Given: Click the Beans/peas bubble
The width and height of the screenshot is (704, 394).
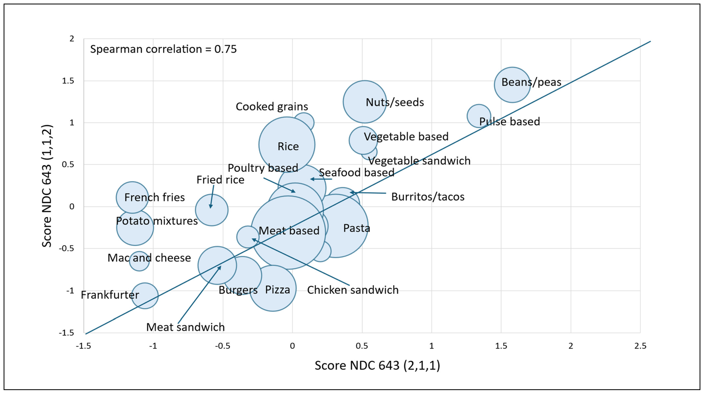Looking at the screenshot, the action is [512, 85].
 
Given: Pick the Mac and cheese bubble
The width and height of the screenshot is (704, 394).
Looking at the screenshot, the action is [139, 261].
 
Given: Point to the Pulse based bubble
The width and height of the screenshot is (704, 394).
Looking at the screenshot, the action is [479, 116].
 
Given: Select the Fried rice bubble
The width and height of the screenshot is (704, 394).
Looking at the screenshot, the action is [211, 210].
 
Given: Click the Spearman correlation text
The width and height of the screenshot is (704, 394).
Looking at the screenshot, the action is [163, 49].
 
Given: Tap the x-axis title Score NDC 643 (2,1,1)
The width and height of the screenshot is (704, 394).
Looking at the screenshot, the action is [377, 365].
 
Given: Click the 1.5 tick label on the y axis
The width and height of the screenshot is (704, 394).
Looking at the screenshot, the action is [68, 81].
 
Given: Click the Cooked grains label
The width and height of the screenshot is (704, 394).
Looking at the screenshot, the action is [272, 106].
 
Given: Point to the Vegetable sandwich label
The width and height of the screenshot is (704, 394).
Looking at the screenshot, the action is [419, 161].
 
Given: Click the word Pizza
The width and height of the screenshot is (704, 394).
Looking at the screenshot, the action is [277, 289].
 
